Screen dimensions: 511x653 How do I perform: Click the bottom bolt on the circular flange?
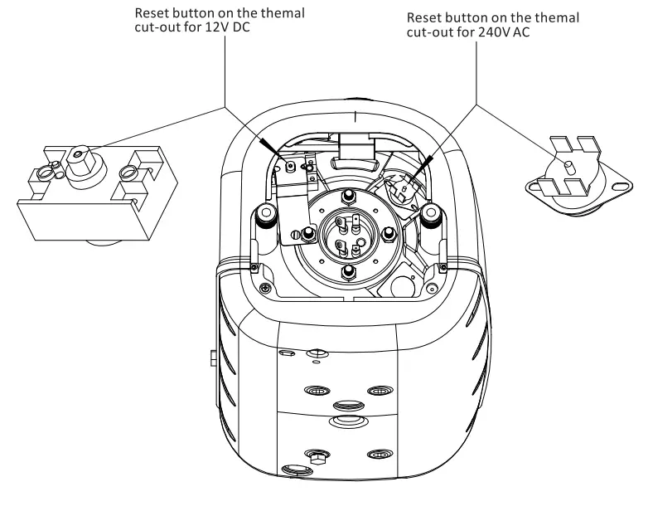pyautogui.click(x=350, y=271)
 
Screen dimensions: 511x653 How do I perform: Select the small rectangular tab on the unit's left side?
pyautogui.click(x=213, y=358)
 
